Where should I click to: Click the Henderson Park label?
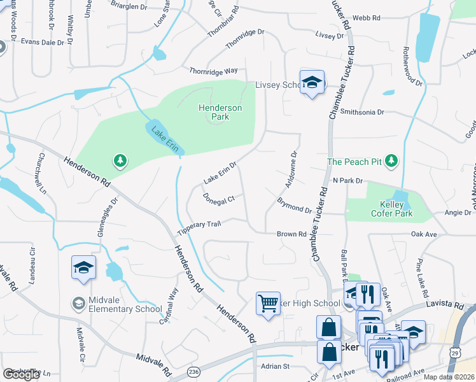coord(220,113)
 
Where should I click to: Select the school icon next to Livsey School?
coord(312,83)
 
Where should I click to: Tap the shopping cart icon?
coord(268,302)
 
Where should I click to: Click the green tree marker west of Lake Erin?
coord(119,161)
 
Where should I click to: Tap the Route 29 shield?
coord(454,352)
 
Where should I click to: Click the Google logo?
coord(22,374)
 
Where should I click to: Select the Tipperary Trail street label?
coord(199,227)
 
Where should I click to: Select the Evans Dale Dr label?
coord(43,42)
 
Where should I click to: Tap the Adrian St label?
coord(276,366)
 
